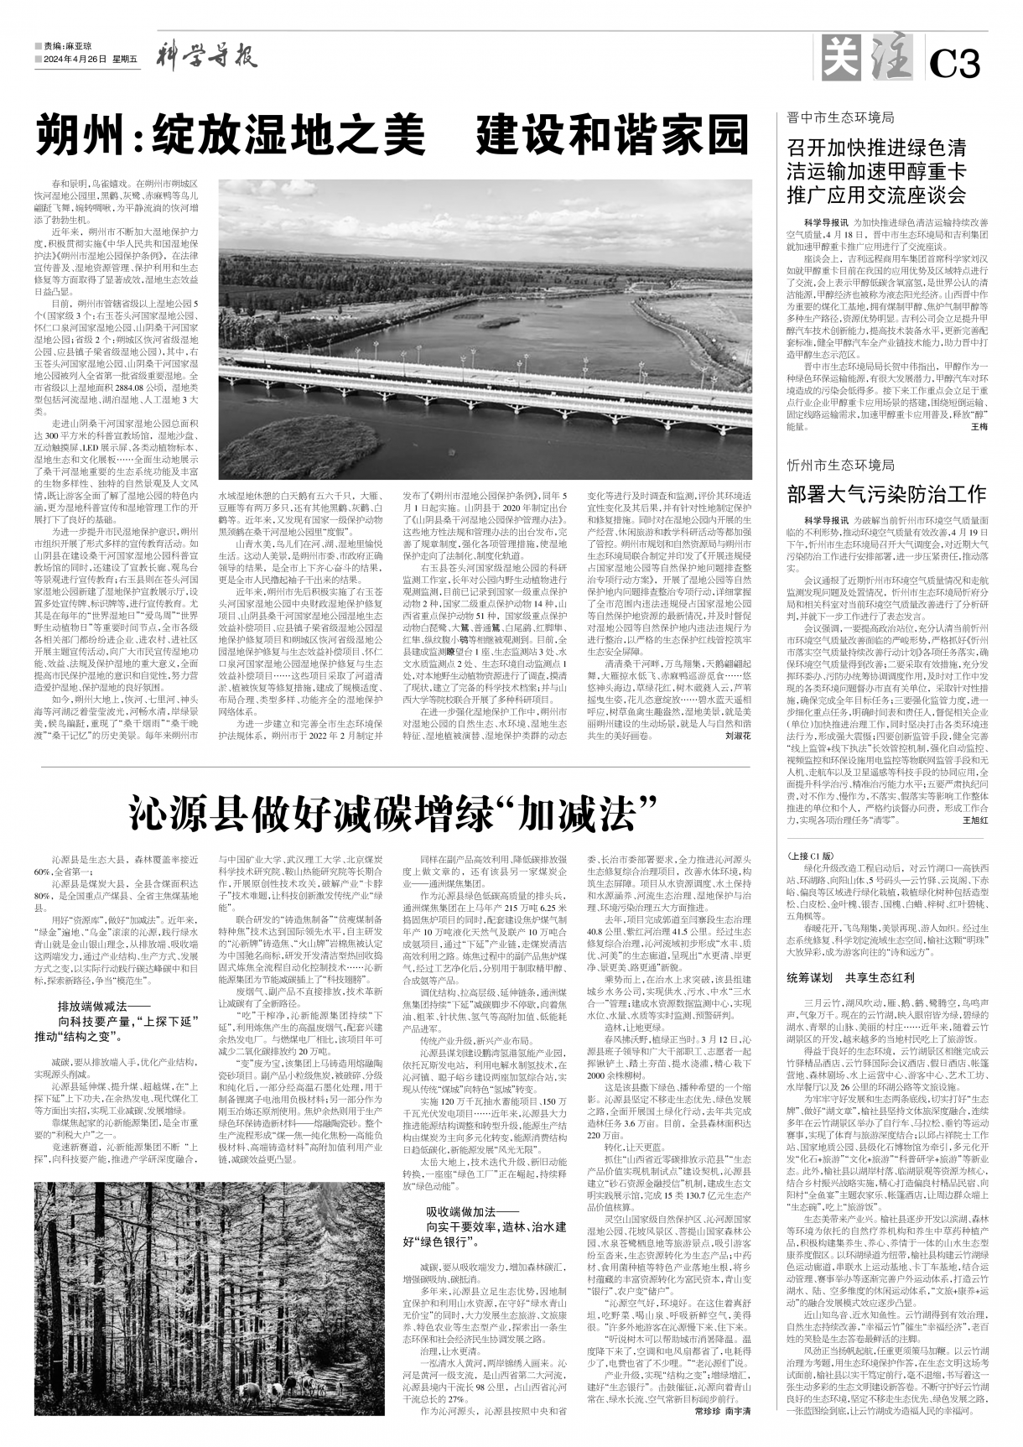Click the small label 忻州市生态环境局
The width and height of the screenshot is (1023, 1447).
(x=841, y=465)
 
